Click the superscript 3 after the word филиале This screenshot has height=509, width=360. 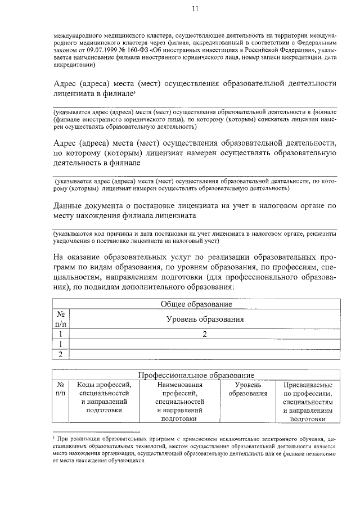[x=135, y=92]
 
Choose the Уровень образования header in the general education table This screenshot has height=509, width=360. [x=205, y=319]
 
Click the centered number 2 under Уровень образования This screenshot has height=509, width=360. [x=205, y=334]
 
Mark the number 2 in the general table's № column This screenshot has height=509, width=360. [x=61, y=354]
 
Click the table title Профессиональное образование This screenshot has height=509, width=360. [x=196, y=375]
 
